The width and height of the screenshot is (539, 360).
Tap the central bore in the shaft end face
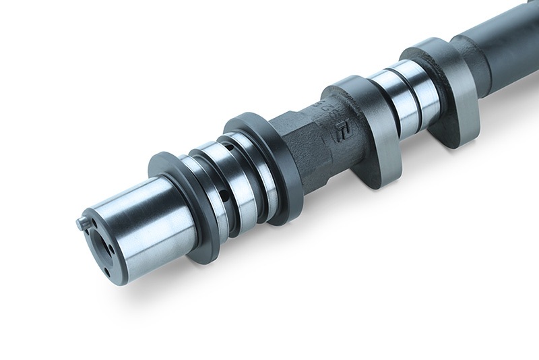click(101, 243)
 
